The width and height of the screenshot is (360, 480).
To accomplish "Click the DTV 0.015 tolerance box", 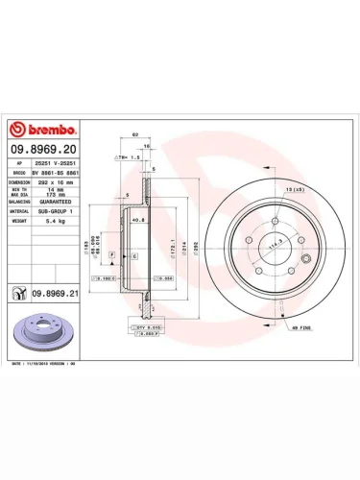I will (146, 327).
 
